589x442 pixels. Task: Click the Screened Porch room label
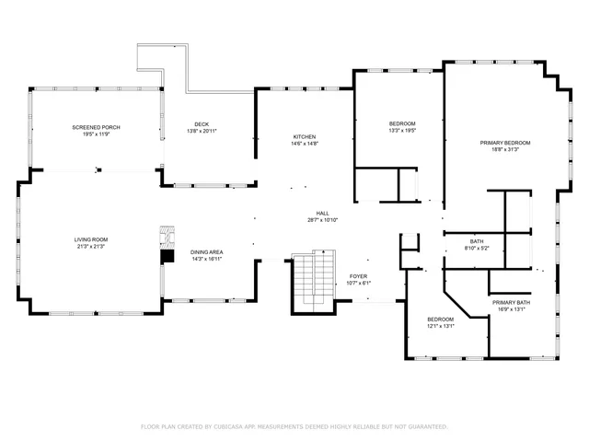tap(97, 127)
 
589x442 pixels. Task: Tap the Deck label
tap(201, 124)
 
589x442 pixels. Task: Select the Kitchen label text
tap(305, 136)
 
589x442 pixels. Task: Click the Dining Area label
tap(207, 252)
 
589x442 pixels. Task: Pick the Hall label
tap(323, 213)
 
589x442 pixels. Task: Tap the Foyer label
tap(358, 276)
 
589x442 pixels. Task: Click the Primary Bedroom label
tap(505, 143)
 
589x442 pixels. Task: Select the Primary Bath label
tap(510, 302)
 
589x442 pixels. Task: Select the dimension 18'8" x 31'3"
tap(505, 150)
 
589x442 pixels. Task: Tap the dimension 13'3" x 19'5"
tap(402, 131)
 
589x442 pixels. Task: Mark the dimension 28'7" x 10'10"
tap(323, 220)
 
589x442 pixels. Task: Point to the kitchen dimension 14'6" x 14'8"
tap(305, 144)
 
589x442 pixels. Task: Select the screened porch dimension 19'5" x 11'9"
tap(97, 134)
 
